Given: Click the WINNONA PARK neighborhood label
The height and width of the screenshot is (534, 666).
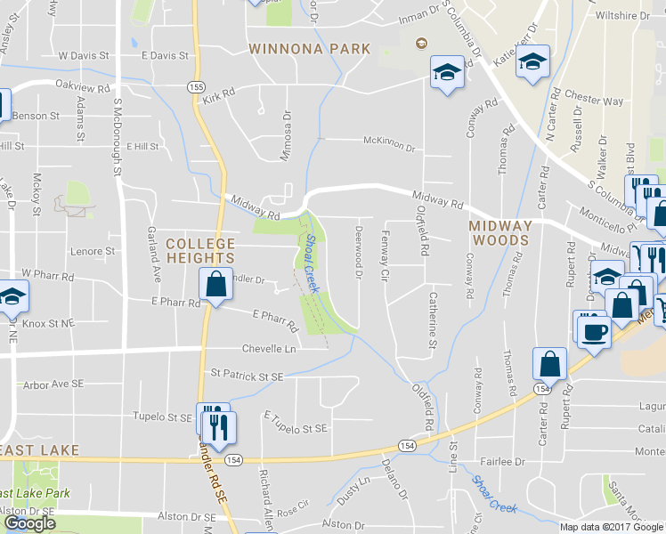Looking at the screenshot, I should point(309,48).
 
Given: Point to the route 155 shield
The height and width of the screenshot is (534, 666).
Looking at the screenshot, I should point(196,86).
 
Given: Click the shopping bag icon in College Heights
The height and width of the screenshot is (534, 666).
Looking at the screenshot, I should point(215,285).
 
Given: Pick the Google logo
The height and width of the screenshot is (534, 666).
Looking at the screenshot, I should point(29,523).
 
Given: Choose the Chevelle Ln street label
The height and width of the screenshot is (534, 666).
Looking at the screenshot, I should point(271,349).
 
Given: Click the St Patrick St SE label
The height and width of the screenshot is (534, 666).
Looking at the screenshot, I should point(246,377).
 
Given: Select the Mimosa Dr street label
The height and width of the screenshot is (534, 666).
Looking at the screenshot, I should point(287,136).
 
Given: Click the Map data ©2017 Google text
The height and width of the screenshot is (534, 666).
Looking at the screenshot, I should point(611,526).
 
